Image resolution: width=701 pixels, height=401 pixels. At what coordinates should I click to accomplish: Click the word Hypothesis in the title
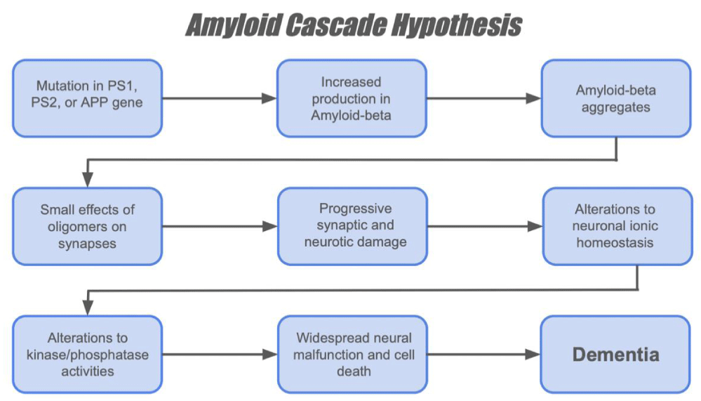[456, 25]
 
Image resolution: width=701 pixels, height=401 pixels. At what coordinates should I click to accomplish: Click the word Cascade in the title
[335, 25]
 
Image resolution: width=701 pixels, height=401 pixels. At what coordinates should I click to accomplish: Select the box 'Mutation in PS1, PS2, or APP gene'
[87, 98]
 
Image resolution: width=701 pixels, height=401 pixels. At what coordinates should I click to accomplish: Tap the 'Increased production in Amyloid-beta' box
[352, 98]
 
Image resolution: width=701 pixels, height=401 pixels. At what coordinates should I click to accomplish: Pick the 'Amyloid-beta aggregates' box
[615, 98]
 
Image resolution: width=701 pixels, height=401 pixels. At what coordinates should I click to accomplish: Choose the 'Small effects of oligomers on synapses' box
[87, 226]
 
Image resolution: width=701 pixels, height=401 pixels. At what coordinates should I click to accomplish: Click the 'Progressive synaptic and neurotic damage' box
[352, 226]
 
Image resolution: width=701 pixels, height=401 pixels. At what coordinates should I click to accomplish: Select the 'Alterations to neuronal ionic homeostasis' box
[617, 226]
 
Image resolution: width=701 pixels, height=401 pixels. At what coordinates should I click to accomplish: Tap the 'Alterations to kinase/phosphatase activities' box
[87, 355]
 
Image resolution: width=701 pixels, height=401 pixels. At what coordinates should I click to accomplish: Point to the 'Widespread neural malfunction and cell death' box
[352, 355]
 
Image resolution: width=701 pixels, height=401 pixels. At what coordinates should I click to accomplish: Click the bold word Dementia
[615, 355]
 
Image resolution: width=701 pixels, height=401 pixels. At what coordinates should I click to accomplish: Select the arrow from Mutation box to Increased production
[220, 98]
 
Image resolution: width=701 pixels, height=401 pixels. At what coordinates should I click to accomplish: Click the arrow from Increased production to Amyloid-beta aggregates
[483, 98]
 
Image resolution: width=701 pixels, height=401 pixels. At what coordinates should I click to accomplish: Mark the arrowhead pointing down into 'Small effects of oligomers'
[88, 180]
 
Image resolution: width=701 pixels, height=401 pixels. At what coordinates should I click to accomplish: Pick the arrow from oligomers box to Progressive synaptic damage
[220, 226]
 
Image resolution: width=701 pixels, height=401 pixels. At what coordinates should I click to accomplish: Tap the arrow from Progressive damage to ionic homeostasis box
[485, 226]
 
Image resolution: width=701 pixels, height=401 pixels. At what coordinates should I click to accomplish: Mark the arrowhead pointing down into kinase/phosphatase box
[88, 308]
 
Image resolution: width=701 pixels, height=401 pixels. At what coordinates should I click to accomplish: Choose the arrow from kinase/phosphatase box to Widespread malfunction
[220, 355]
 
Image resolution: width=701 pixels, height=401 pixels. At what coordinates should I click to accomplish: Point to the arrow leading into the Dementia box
[483, 355]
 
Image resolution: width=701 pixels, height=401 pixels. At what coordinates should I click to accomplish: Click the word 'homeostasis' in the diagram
[615, 243]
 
